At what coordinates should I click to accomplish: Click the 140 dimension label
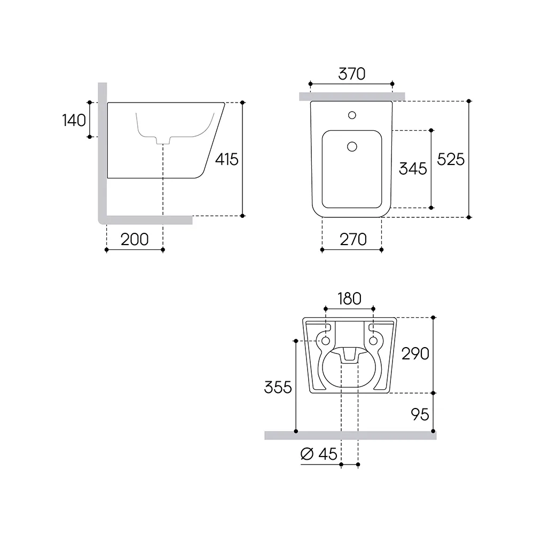[x=74, y=120]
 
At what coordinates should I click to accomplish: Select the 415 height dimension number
[x=227, y=159]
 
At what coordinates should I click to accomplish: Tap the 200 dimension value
[x=135, y=239]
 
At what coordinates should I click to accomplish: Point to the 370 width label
[x=352, y=74]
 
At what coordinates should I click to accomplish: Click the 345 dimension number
[x=413, y=169]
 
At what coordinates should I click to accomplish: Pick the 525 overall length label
[x=451, y=159]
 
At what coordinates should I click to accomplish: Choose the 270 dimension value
[x=353, y=239]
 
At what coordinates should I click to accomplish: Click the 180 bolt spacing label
[x=349, y=299]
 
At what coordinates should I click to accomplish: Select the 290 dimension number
[x=415, y=354]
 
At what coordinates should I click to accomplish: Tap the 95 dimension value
[x=420, y=414]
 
